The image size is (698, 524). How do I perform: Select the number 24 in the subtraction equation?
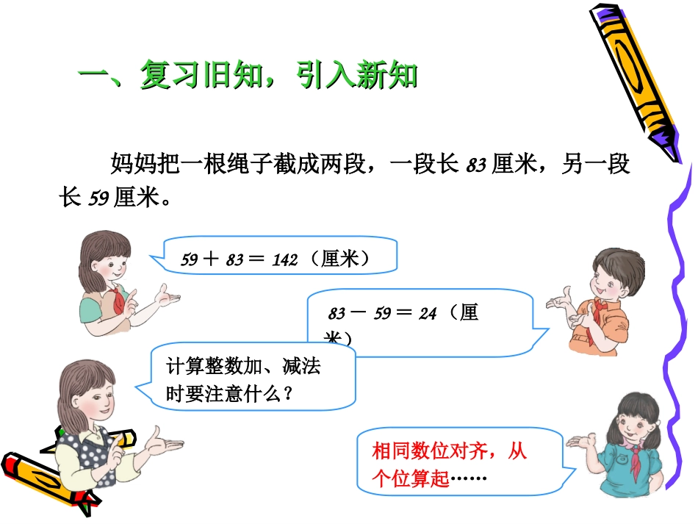(428, 314)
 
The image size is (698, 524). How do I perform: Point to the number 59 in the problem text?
(98, 198)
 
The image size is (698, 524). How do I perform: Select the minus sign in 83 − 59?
(359, 314)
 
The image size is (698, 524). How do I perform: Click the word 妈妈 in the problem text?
(132, 163)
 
